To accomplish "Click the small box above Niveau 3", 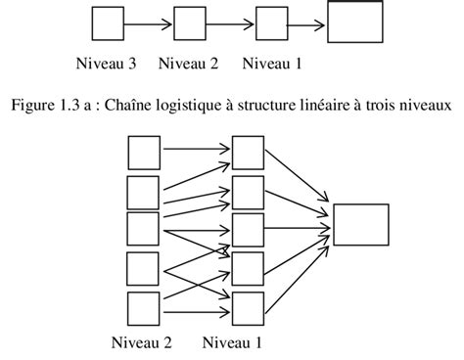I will pos(107,22).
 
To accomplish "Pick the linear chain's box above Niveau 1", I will pos(271,22).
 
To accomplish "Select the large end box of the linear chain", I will pos(353,22).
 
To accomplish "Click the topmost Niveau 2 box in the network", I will pos(143,152).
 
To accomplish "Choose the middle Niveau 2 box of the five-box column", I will pos(143,228).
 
